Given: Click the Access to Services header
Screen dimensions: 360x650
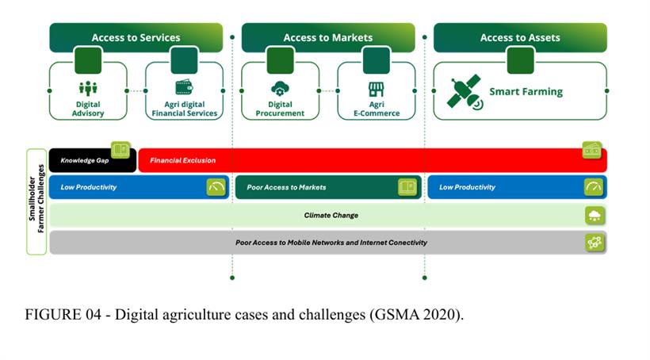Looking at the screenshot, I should pyautogui.click(x=136, y=37).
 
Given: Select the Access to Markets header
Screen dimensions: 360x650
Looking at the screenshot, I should pyautogui.click(x=327, y=37).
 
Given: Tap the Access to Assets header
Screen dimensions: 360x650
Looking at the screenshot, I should pyautogui.click(x=520, y=37).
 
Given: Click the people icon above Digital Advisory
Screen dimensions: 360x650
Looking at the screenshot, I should pyautogui.click(x=88, y=88).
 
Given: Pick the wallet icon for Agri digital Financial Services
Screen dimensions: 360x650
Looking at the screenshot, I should pyautogui.click(x=184, y=87).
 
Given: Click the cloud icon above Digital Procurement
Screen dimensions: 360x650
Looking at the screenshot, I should pyautogui.click(x=280, y=88).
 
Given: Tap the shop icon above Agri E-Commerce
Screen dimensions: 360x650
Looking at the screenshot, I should pyautogui.click(x=376, y=88).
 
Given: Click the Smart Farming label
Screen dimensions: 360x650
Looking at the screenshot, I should pyautogui.click(x=526, y=91).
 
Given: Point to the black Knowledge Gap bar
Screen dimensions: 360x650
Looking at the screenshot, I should pyautogui.click(x=83, y=160).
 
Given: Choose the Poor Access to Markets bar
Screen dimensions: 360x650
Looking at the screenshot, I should pyautogui.click(x=317, y=187).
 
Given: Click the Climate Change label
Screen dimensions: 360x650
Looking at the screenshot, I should pyautogui.click(x=331, y=215).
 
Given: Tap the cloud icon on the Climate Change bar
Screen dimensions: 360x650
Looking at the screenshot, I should pyautogui.click(x=594, y=215).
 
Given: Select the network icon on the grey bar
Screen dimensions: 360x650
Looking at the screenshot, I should pyautogui.click(x=594, y=243).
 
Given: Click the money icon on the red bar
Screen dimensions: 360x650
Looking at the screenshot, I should pyautogui.click(x=591, y=149).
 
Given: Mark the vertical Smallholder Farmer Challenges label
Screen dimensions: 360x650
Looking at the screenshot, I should pyautogui.click(x=36, y=201).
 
